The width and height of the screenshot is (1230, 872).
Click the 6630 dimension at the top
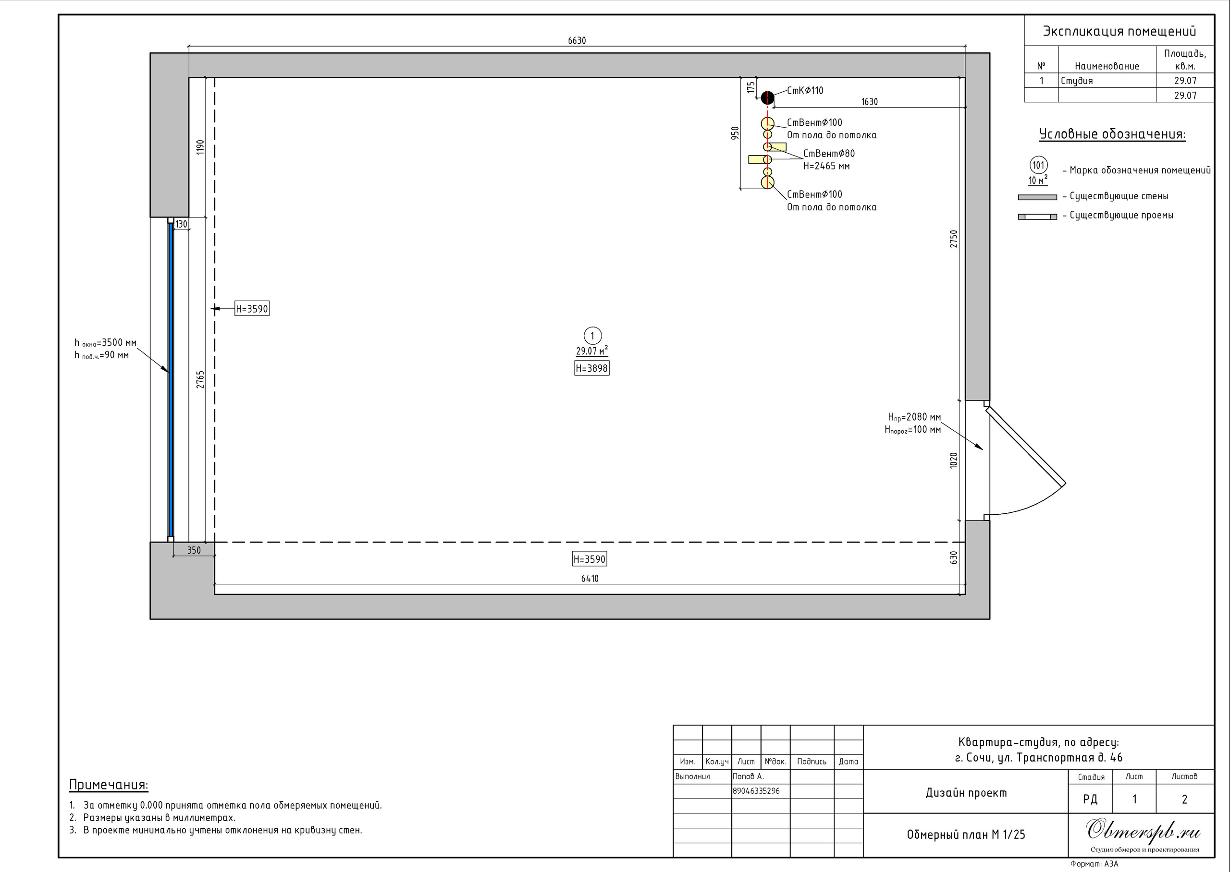577,41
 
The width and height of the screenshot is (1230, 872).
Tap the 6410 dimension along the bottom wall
589,579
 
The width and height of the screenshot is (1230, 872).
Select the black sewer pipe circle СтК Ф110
767,98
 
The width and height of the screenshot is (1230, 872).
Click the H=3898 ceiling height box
592,368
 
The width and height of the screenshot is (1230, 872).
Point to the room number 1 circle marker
592,337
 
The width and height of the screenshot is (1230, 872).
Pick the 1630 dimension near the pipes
870,102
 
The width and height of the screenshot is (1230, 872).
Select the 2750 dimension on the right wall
954,239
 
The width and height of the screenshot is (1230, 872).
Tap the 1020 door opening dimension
954,460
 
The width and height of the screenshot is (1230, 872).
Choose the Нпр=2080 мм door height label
914,417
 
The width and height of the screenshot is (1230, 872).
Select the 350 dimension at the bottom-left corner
194,550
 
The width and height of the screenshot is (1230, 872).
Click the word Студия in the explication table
1076,81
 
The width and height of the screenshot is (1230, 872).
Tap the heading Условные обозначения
1112,134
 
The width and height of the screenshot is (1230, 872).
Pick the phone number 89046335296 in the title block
756,791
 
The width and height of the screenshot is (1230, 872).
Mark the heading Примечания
109,785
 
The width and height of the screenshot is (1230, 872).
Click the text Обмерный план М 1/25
966,835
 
